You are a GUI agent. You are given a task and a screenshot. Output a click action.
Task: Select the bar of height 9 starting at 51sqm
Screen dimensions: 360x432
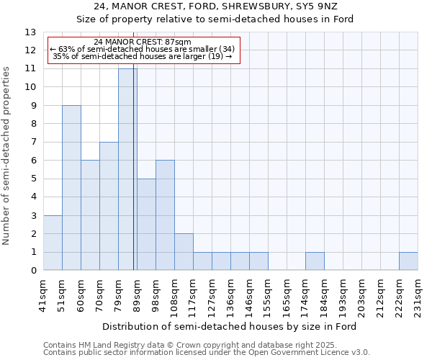pos(71,188)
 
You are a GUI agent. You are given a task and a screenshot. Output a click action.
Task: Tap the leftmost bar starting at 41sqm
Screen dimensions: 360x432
pos(53,243)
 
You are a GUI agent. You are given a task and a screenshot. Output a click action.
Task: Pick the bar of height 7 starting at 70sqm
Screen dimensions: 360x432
pos(109,206)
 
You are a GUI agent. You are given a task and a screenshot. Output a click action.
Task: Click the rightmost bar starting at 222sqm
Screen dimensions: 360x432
pos(408,261)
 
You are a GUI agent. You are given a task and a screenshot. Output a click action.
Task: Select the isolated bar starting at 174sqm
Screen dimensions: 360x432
pos(315,261)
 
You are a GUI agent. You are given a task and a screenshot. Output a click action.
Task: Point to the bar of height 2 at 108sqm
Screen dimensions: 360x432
pos(184,252)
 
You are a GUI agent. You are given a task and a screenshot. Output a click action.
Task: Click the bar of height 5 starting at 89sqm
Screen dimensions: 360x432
pos(146,225)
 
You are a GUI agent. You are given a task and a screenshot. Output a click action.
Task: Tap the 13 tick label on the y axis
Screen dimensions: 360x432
pos(30,32)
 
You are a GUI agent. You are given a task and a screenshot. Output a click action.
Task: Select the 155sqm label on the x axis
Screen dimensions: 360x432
pos(268,293)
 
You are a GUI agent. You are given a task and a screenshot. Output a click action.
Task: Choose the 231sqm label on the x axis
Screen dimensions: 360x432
pos(418,293)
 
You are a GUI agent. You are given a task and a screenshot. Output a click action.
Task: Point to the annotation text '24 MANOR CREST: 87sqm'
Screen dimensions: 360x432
pos(143,42)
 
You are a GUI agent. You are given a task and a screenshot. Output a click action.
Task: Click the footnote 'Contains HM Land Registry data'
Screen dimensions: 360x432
pos(169,346)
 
